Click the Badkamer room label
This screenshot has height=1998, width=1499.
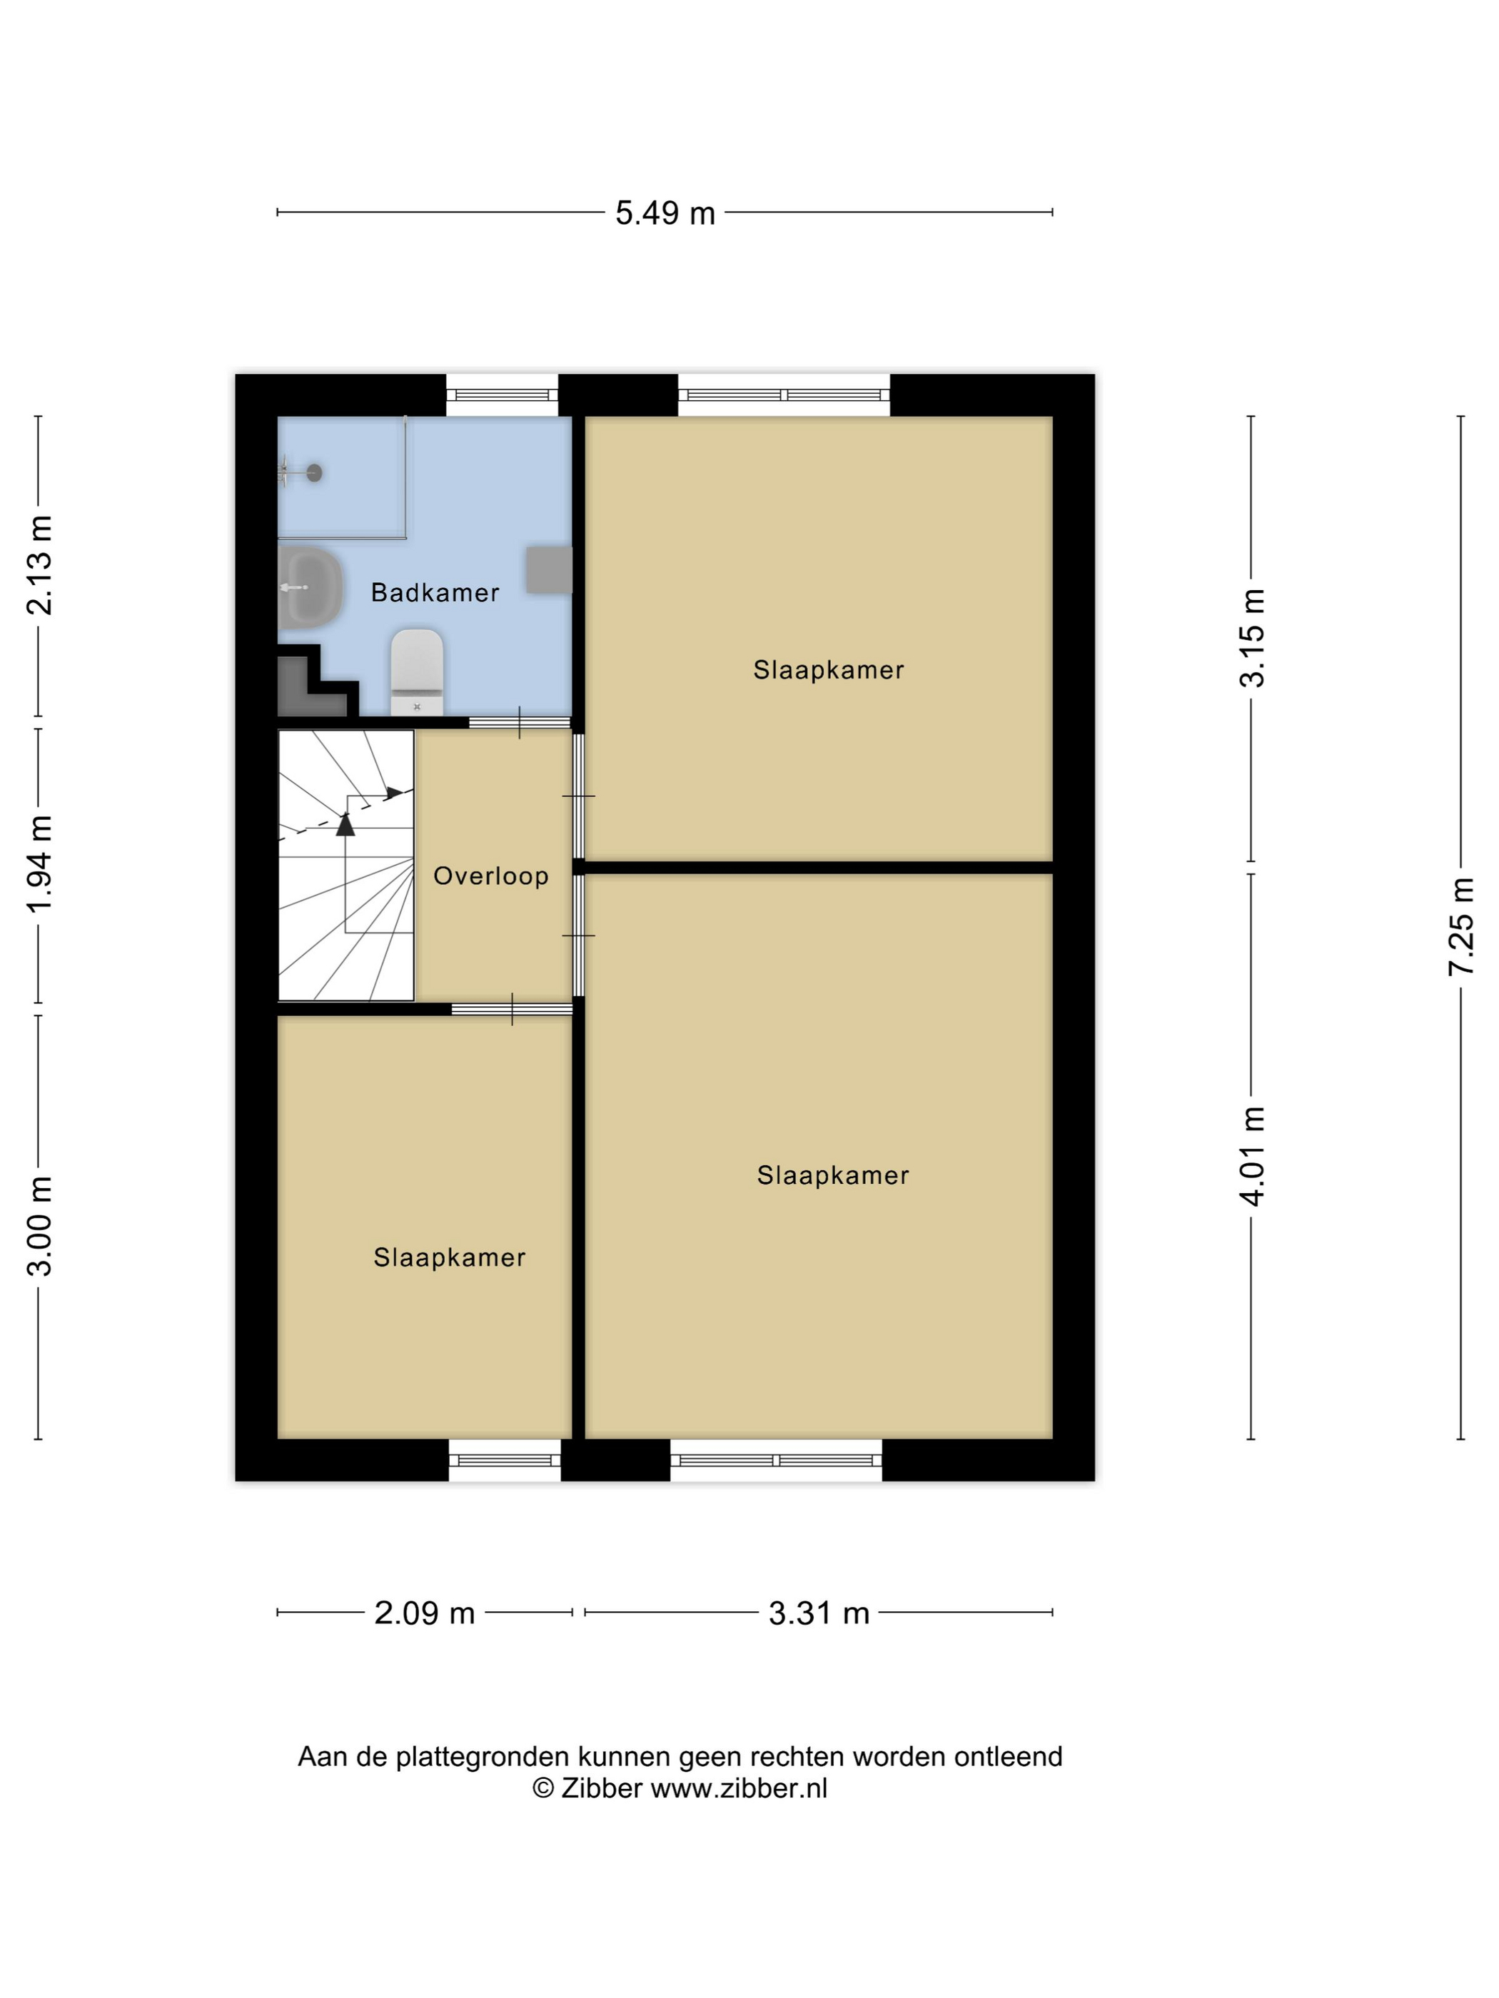tap(435, 592)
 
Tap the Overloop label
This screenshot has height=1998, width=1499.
tap(490, 876)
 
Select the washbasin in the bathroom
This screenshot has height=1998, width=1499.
tap(311, 587)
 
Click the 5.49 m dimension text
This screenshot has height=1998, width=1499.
tap(665, 213)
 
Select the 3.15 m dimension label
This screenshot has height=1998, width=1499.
tap(1252, 638)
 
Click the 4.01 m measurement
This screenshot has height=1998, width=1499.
tap(1252, 1156)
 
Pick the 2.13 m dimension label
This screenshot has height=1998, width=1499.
tap(39, 565)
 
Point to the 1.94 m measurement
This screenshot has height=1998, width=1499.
tap(39, 863)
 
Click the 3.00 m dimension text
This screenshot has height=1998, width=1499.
tap(39, 1226)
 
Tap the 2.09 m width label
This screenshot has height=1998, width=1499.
tap(425, 1613)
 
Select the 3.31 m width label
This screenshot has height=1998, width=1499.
tap(819, 1613)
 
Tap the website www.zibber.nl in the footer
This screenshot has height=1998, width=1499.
tap(739, 1788)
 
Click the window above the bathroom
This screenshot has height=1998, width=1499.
tap(503, 395)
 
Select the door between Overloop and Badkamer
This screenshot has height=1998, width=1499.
tap(520, 723)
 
